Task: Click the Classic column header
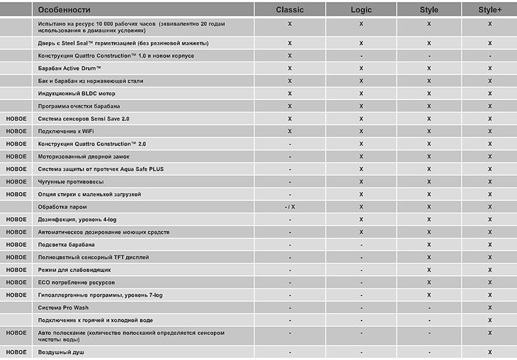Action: (290, 10)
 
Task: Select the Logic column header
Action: (361, 10)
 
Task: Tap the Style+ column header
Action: (490, 10)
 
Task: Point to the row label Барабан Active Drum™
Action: (71, 69)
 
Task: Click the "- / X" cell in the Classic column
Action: (290, 207)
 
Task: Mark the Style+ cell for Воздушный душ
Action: (490, 352)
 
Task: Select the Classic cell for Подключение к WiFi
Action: (290, 131)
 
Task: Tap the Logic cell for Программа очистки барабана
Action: (361, 106)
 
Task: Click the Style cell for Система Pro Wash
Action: (428, 307)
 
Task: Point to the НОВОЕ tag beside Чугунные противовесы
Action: (16, 182)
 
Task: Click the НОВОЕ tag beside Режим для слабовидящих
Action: (16, 270)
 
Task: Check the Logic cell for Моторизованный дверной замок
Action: (361, 156)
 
